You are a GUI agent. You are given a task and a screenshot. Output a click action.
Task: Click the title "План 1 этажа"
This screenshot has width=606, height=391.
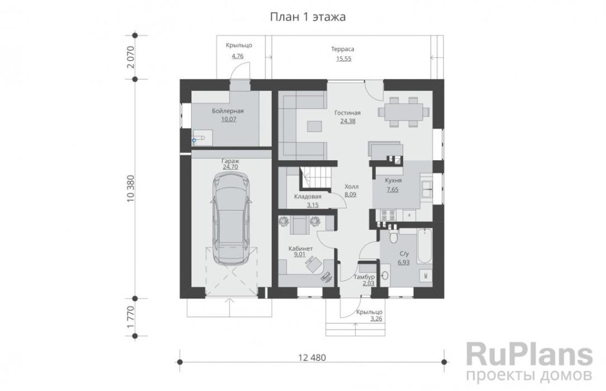pos(307,17)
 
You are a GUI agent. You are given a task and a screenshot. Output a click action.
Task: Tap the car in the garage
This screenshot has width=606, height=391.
pos(231,218)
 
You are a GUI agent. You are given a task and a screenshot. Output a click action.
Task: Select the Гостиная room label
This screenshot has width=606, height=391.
pos(347,113)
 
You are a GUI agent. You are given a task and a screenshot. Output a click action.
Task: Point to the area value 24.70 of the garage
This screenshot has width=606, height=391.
pos(230,167)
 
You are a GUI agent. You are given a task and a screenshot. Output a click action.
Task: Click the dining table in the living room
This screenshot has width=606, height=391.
pos(404,112)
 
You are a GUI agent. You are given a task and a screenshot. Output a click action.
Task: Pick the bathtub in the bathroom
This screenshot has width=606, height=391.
pos(426,246)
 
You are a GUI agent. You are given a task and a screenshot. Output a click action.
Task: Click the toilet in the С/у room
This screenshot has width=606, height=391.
pos(394,234)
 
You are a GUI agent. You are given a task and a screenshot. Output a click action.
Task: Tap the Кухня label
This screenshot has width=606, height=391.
pos(394,180)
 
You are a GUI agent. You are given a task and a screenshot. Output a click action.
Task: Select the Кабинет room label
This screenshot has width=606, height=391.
pos(301,248)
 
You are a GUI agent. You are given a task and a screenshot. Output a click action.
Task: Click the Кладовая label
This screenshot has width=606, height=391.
pos(308,196)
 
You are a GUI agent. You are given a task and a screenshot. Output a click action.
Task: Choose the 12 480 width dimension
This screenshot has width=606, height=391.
pos(312,358)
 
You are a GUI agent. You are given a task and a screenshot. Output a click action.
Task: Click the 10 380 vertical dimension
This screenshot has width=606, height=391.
pos(130,189)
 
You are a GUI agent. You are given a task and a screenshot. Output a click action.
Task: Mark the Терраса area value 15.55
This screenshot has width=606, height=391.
pos(344,59)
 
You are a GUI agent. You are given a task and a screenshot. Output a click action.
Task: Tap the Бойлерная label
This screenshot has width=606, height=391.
pos(228,111)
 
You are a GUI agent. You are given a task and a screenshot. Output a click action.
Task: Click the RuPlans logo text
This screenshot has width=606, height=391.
pos(530,354)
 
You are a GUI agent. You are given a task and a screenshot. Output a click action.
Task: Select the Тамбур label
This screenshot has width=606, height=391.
pos(364,277)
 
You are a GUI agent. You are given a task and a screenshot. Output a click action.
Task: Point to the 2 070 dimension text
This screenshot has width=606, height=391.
pos(130,57)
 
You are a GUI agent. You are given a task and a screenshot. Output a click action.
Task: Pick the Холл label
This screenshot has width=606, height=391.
pos(352,186)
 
